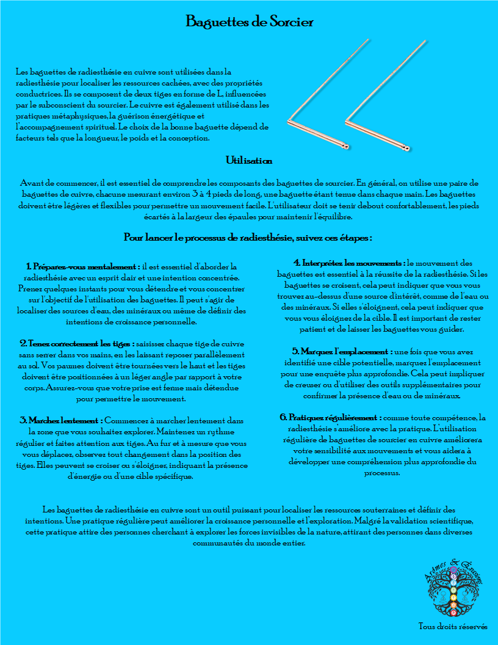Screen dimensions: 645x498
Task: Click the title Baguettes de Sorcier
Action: [x=249, y=23]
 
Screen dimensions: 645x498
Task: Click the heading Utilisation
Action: [x=249, y=161]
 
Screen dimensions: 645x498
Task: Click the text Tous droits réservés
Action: [x=453, y=627]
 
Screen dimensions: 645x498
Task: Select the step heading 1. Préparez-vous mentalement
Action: [x=83, y=266]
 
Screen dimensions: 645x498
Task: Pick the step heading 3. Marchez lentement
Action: [x=61, y=420]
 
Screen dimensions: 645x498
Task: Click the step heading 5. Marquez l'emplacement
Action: [x=342, y=352]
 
